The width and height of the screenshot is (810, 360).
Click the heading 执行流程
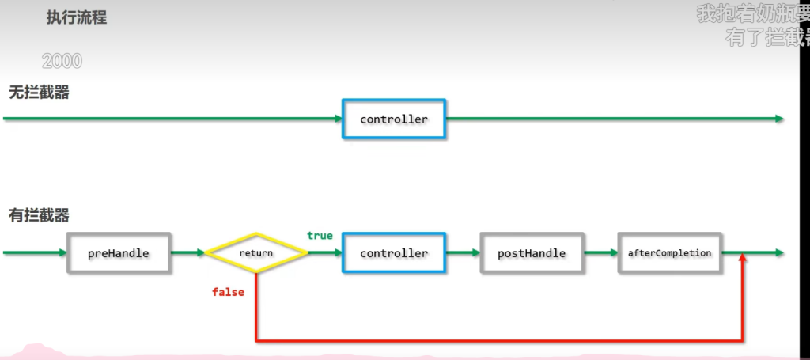77,18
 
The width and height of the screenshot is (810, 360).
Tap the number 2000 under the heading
62,61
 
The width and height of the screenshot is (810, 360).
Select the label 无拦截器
39,93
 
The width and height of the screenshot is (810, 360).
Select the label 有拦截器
39,214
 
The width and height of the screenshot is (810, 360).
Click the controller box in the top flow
394,119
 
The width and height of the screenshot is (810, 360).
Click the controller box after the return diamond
394,253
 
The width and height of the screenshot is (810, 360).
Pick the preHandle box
119,253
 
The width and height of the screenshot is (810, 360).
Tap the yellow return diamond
256,253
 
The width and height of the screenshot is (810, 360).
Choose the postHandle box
532,253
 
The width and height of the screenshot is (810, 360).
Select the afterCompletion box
669,253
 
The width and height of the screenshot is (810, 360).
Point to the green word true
320,236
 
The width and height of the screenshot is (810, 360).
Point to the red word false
228,292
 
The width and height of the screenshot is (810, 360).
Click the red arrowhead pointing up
743,261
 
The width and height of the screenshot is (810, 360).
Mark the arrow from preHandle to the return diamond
188,253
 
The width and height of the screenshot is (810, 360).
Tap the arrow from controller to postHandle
463,253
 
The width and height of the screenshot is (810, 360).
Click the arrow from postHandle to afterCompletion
600,253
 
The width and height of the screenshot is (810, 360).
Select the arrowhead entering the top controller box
336,119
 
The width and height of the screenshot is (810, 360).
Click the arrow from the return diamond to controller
324,253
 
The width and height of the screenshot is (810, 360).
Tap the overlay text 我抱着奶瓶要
752,13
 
